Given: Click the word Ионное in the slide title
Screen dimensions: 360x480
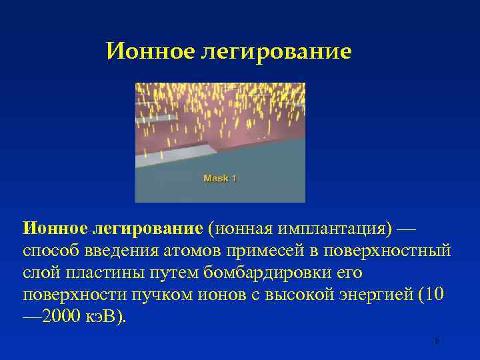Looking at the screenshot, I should (150, 51).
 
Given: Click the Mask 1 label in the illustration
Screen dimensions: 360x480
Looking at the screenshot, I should (220, 178).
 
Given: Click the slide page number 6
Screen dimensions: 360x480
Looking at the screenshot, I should (437, 341).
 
